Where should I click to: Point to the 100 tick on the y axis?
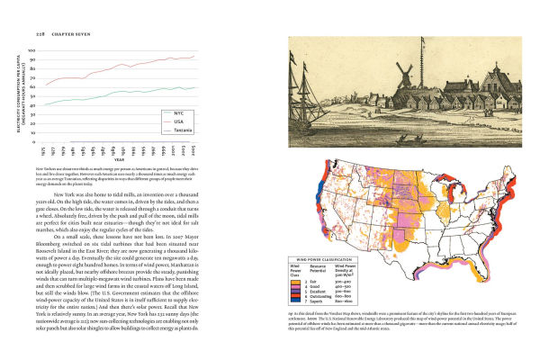coord(34,50)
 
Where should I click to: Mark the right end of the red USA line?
coord(195,56)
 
